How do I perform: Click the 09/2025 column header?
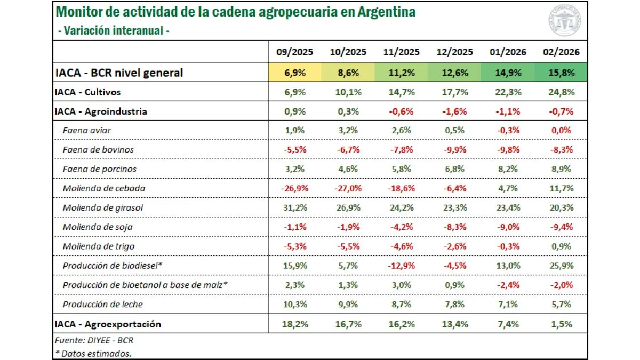coord(294,52)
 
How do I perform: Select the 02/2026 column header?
coord(561,52)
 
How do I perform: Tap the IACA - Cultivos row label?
coord(87,92)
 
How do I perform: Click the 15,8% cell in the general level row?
coord(561,73)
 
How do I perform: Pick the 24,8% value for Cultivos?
coord(561,92)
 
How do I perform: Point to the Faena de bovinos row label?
coord(98,149)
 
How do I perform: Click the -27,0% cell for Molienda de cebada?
coord(348,188)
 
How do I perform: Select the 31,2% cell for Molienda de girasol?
coord(294,207)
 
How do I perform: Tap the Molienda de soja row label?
coord(98,227)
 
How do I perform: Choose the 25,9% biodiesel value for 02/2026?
coord(561,266)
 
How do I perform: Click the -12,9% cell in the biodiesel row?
coord(401,266)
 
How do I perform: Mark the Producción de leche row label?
coord(102,304)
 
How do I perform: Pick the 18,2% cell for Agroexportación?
coord(294,324)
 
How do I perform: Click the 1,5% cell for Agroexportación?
coord(561,324)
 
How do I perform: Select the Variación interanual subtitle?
coord(113,30)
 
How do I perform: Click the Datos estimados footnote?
coord(93,353)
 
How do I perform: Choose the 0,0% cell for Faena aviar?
coord(561,130)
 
